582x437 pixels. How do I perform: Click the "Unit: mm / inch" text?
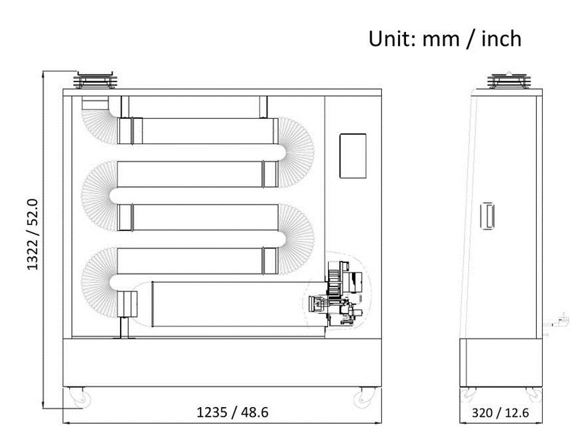pyautogui.click(x=445, y=39)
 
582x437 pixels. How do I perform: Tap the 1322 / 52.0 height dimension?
pyautogui.click(x=33, y=234)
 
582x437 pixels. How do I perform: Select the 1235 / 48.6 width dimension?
pyautogui.click(x=232, y=412)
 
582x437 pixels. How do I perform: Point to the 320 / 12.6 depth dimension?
pyautogui.click(x=500, y=413)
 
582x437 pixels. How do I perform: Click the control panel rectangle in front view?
pyautogui.click(x=353, y=156)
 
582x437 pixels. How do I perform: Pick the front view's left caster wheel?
pyautogui.click(x=81, y=398)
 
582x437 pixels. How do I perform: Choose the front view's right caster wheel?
pyautogui.click(x=363, y=398)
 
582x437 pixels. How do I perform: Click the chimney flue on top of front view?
pyautogui.click(x=96, y=79)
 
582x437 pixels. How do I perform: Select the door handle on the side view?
pyautogui.click(x=487, y=216)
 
